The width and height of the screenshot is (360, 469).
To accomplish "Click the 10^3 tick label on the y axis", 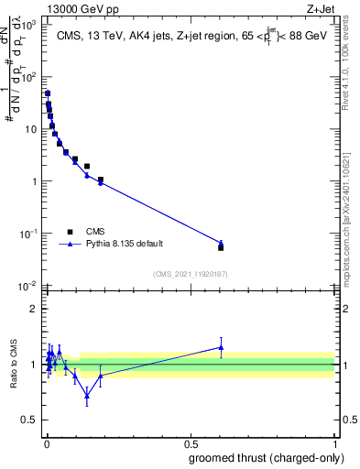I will pos(28,25).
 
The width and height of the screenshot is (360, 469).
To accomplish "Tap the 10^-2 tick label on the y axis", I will pos(28,286).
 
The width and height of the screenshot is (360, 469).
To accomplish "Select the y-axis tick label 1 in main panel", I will pos(33,181).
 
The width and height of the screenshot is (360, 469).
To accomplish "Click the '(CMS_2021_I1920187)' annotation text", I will pos(190,273).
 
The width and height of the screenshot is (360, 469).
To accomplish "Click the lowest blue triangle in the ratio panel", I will pos(87,395).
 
